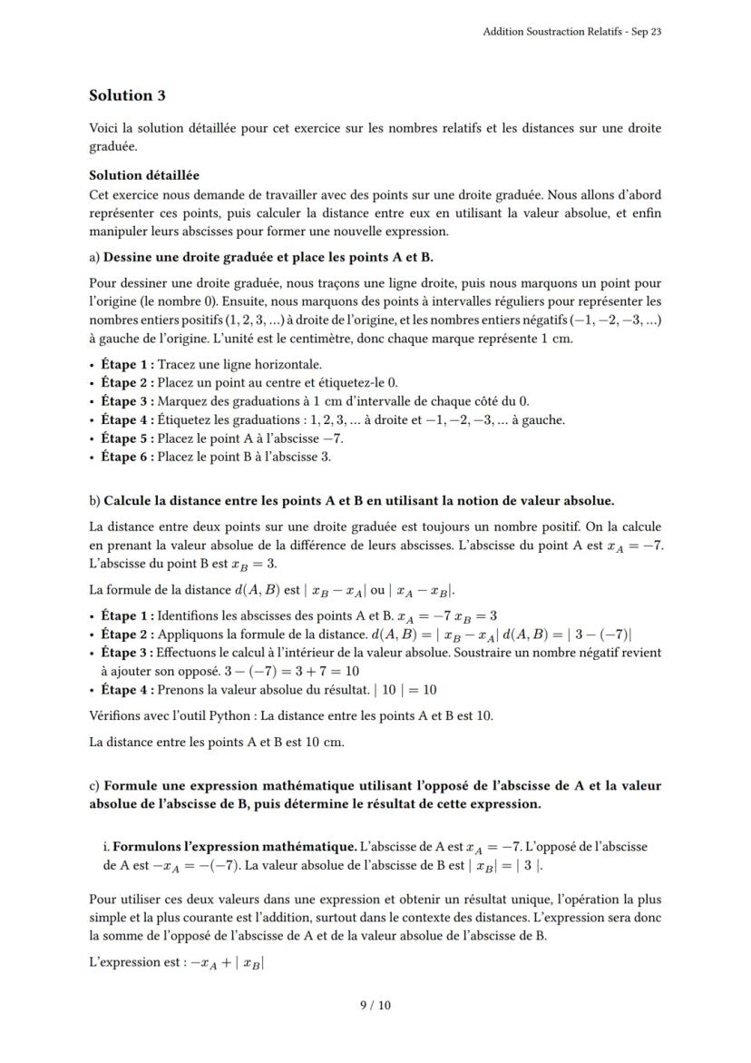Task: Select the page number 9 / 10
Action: [375, 1005]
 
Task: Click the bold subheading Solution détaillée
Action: [144, 175]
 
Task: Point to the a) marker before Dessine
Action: [95, 257]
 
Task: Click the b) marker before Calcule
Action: [95, 500]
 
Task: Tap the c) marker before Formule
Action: [95, 785]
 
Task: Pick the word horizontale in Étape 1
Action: [291, 364]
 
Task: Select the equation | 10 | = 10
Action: [405, 690]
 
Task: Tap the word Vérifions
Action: [114, 715]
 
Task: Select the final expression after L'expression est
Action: [227, 962]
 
